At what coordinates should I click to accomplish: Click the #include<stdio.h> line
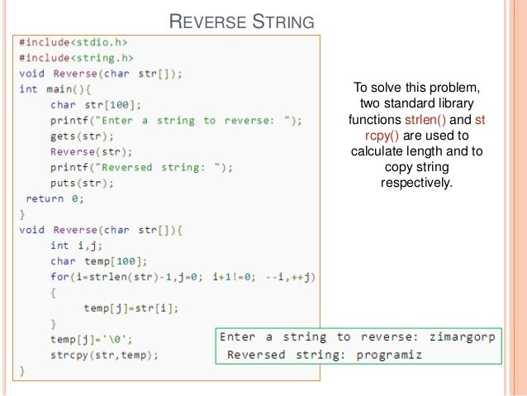(x=74, y=41)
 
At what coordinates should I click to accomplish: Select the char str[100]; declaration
(x=95, y=104)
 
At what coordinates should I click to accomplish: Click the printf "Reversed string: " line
(x=141, y=167)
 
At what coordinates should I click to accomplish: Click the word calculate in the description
(x=377, y=151)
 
